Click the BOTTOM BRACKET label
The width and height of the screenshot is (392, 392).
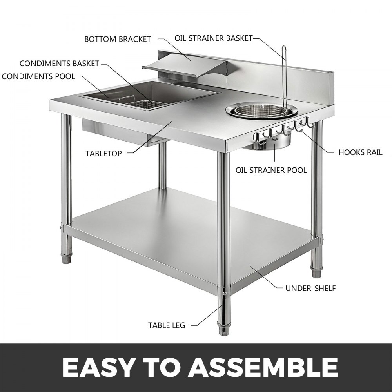click(118, 39)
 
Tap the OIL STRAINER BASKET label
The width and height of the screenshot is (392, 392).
click(214, 38)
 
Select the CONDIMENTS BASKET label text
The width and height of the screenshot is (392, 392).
click(59, 64)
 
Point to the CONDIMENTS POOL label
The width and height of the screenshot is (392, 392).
click(38, 76)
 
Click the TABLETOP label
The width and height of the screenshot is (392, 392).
click(103, 153)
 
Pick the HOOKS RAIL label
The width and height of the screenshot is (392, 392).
click(360, 152)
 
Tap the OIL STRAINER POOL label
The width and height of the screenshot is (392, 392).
click(271, 171)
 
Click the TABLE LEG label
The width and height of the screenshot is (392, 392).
click(166, 325)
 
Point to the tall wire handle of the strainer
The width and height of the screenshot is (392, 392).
click(284, 74)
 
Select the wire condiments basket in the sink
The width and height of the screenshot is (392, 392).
click(137, 103)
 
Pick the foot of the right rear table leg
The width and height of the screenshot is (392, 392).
click(316, 270)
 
